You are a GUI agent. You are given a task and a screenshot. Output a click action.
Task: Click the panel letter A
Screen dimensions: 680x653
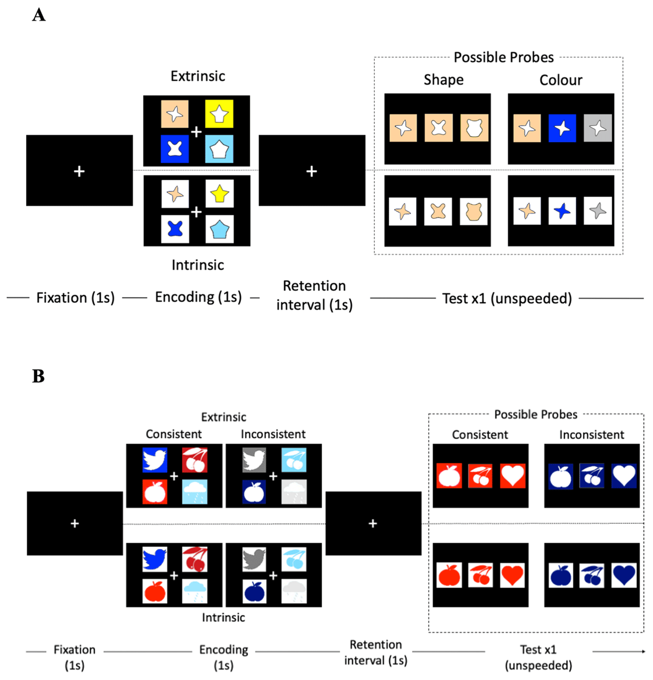coord(39,15)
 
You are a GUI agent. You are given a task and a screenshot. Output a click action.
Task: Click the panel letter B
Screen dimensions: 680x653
coord(38,376)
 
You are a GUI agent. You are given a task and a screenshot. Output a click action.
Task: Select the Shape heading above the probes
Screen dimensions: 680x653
coord(443,80)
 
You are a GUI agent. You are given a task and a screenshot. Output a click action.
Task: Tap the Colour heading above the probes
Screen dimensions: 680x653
coord(560,81)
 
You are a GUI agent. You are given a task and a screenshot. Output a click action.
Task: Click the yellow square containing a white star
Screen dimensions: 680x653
coord(219,114)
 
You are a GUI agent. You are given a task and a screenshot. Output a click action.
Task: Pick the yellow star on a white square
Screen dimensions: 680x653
coord(219,194)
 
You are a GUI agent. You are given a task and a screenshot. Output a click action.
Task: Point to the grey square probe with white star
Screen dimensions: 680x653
coord(597,128)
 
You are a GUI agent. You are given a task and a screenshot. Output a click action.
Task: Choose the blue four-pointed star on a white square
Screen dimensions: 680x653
coord(562,211)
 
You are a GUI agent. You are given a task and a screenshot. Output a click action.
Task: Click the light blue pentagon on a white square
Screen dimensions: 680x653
coord(219,229)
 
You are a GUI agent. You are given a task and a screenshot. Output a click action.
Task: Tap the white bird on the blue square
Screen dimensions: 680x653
coord(155,460)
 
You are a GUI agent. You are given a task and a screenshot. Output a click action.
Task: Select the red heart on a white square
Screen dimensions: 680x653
coord(512,575)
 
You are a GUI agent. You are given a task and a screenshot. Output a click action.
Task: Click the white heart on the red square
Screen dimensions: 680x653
coord(513,476)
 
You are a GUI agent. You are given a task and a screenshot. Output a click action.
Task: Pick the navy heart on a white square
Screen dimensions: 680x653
coord(624,575)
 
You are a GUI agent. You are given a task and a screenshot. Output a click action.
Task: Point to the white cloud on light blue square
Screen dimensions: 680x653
coord(195,492)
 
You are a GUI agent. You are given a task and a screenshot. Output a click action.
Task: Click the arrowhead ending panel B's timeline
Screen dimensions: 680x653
coord(643,651)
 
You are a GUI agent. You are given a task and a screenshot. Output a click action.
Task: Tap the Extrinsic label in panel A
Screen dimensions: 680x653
coord(198,76)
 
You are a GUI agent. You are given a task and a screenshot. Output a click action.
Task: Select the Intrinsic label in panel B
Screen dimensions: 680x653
coord(223,617)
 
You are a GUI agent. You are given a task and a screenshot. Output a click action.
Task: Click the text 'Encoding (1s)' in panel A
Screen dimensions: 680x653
coord(198,297)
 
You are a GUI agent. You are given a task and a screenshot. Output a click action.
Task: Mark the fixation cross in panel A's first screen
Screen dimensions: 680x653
coord(79,171)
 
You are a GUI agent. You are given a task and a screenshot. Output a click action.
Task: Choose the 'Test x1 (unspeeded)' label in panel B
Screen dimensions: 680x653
coord(538,657)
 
